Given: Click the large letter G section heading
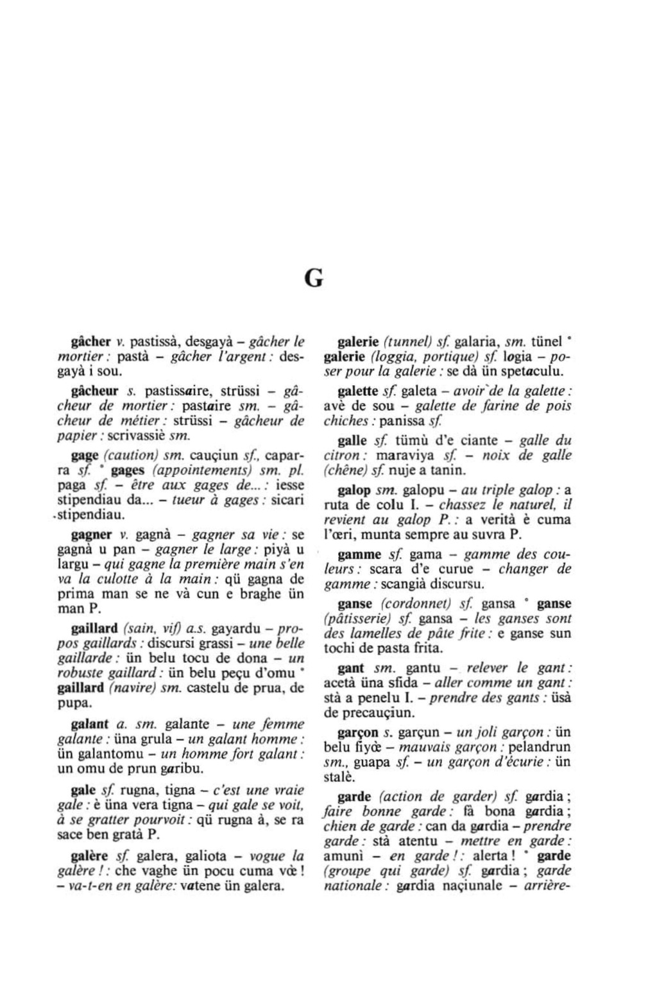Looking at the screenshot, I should click(x=313, y=279).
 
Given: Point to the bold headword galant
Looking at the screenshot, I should click(x=89, y=724).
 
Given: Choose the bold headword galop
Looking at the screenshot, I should click(x=354, y=490).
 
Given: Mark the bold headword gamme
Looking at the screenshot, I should click(x=360, y=555).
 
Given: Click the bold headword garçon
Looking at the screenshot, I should click(x=358, y=732).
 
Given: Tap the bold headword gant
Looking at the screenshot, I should click(x=351, y=668).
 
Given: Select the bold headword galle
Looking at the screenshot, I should click(x=352, y=440).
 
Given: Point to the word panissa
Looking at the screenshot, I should click(x=401, y=422).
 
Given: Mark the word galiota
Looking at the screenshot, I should click(x=205, y=856).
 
